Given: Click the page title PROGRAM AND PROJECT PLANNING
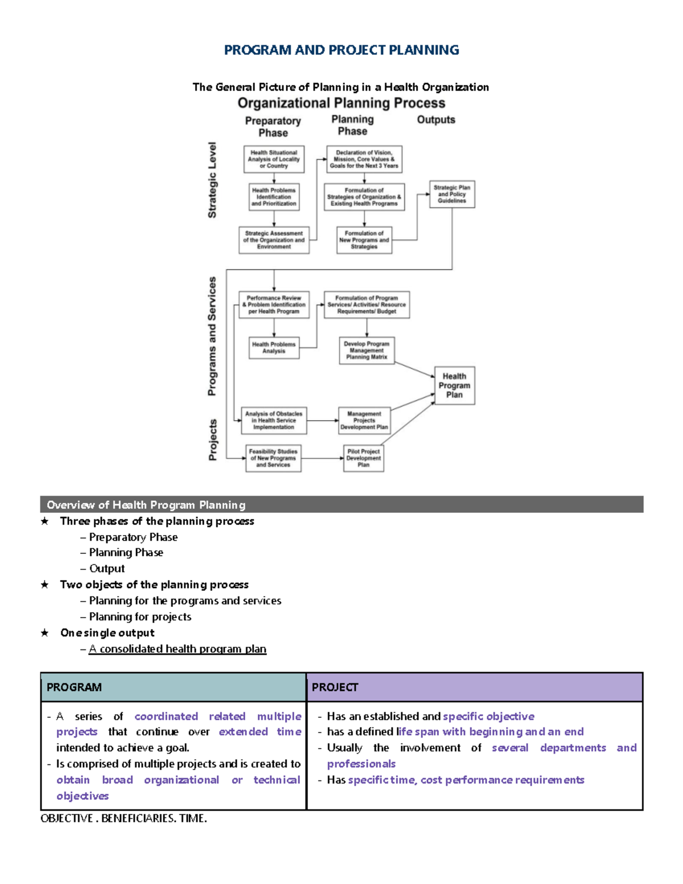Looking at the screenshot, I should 341,50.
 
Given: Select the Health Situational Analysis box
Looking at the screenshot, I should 274,159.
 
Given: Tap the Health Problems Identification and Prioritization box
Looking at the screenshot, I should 274,197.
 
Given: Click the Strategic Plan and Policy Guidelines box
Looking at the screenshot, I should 452,194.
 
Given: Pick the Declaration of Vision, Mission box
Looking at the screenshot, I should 364,159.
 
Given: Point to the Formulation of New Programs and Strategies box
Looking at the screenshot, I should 364,240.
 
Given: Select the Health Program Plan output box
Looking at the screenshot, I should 454,385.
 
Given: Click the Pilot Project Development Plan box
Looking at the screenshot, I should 364,458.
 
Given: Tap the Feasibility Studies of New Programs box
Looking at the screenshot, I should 273,458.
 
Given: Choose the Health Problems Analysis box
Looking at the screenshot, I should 274,348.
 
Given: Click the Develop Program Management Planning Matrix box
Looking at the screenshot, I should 367,351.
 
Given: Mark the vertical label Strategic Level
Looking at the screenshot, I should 212,180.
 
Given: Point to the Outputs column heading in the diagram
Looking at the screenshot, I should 436,120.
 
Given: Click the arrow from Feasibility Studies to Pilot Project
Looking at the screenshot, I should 322,458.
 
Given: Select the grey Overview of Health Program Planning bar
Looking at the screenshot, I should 341,505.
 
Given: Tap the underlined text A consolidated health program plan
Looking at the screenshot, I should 178,649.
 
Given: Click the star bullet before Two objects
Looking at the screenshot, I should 45,585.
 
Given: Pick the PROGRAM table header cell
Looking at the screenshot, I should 174,687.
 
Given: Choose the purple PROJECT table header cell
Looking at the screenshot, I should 475,687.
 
